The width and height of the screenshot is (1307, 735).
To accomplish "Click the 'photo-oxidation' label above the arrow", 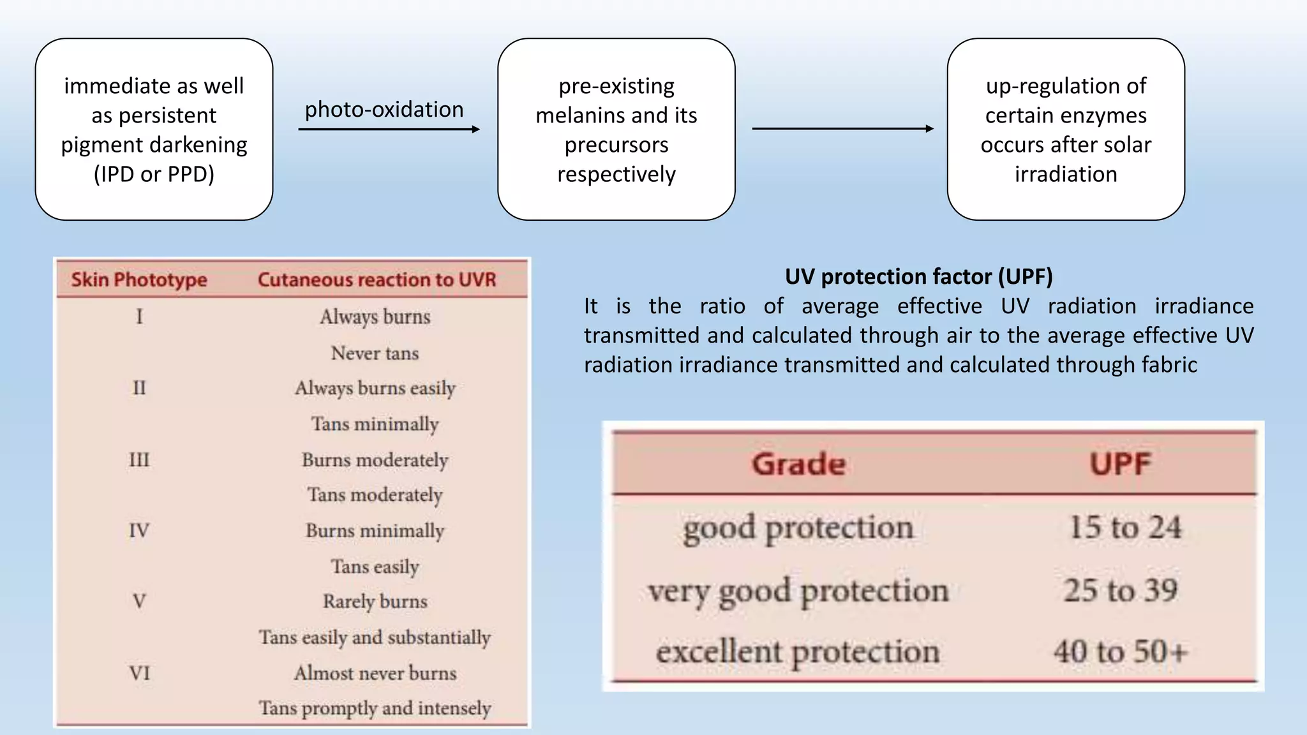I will (x=384, y=110).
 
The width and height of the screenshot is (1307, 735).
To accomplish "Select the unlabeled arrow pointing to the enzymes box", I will (x=842, y=129).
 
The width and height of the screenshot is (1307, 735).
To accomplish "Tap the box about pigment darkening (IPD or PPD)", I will (x=154, y=130).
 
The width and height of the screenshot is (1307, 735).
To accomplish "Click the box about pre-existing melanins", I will (x=616, y=130).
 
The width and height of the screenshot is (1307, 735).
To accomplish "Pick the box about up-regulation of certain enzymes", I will (x=1066, y=130).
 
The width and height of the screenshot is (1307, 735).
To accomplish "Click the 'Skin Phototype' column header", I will (x=139, y=279).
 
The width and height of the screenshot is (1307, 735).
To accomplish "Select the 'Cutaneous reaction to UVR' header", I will (x=377, y=279).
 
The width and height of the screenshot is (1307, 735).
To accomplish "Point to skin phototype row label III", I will (x=139, y=460).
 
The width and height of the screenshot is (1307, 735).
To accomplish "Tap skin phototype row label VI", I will (x=139, y=673).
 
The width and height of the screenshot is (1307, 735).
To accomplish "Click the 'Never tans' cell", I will (x=375, y=353).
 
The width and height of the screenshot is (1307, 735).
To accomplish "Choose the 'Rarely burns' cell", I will (x=375, y=601).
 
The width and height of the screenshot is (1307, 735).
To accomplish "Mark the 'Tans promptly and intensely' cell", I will (x=375, y=708).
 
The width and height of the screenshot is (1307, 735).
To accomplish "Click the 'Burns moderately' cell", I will (x=375, y=460).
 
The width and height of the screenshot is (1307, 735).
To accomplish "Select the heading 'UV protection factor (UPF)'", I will (x=918, y=276).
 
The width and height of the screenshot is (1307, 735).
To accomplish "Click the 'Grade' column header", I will (x=798, y=464).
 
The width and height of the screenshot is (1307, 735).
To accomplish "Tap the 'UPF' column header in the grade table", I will (x=1120, y=464).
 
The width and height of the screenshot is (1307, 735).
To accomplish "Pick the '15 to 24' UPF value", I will (x=1125, y=528).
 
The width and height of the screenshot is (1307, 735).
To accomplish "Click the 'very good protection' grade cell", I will (x=798, y=591).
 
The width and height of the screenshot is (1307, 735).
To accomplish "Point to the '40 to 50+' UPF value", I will (x=1121, y=652).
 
